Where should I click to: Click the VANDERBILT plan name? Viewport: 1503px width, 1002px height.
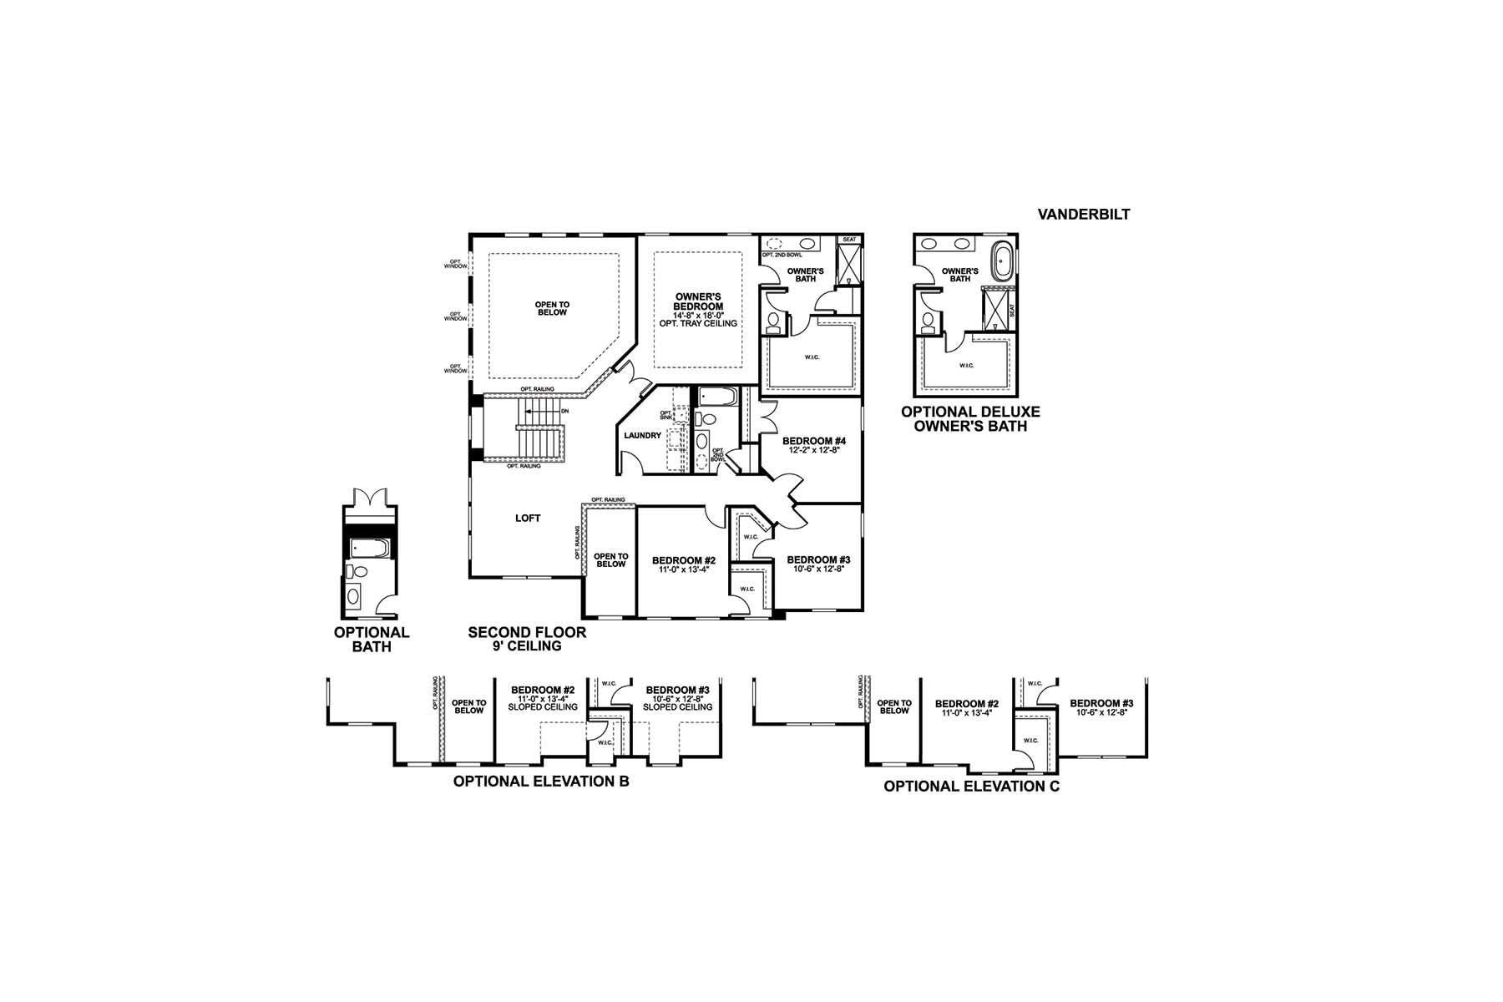(x=1083, y=215)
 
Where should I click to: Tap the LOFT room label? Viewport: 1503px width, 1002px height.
(x=528, y=519)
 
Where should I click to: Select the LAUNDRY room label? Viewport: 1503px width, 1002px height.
(x=642, y=436)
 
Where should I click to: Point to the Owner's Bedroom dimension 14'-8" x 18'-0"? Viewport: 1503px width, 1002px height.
(x=699, y=316)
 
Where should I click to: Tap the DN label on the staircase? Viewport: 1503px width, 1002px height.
(x=565, y=411)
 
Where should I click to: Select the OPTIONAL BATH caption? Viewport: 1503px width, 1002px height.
(x=372, y=640)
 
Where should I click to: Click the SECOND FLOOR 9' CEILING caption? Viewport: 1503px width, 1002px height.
(x=527, y=639)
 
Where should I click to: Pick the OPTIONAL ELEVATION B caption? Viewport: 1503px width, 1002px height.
(x=540, y=782)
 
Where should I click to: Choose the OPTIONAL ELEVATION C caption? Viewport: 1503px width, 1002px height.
(x=971, y=786)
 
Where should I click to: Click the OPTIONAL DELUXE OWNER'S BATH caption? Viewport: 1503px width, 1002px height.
(x=970, y=418)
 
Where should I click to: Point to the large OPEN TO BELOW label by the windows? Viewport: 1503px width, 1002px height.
(x=551, y=308)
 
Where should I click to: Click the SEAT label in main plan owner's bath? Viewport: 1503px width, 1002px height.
(x=849, y=240)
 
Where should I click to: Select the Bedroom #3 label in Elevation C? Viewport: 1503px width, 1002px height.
(x=1101, y=703)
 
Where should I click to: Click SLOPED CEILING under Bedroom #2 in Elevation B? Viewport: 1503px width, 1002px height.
(x=543, y=707)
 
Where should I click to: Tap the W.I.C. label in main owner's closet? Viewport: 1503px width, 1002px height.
(x=812, y=357)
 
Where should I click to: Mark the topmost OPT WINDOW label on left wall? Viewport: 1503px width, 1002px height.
(x=456, y=264)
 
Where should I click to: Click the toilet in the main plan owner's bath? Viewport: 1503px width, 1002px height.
(x=772, y=321)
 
